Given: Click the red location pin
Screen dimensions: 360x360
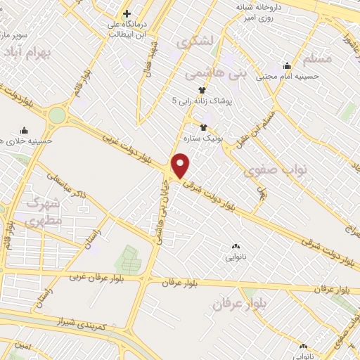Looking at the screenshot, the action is tap(181, 165).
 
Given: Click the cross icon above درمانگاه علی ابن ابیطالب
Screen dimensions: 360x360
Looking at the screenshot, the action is tap(127, 14).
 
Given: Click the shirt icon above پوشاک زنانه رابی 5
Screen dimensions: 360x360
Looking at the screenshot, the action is tap(202, 90).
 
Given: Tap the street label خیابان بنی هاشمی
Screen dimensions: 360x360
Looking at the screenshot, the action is tap(164, 216).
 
